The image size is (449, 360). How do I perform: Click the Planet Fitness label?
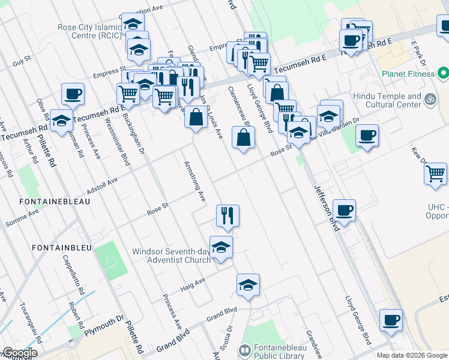tap(408, 74)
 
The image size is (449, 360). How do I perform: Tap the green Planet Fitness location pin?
tap(443, 74)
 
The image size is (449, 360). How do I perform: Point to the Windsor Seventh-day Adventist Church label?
tap(172, 255)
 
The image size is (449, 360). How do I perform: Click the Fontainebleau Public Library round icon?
tap(244, 349)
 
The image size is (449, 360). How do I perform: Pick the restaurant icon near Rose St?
tap(228, 215)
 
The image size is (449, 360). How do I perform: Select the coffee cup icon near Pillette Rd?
tap(73, 94)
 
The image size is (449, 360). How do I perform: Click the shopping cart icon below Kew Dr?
tap(435, 173)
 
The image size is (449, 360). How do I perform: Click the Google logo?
tap(19, 353)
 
